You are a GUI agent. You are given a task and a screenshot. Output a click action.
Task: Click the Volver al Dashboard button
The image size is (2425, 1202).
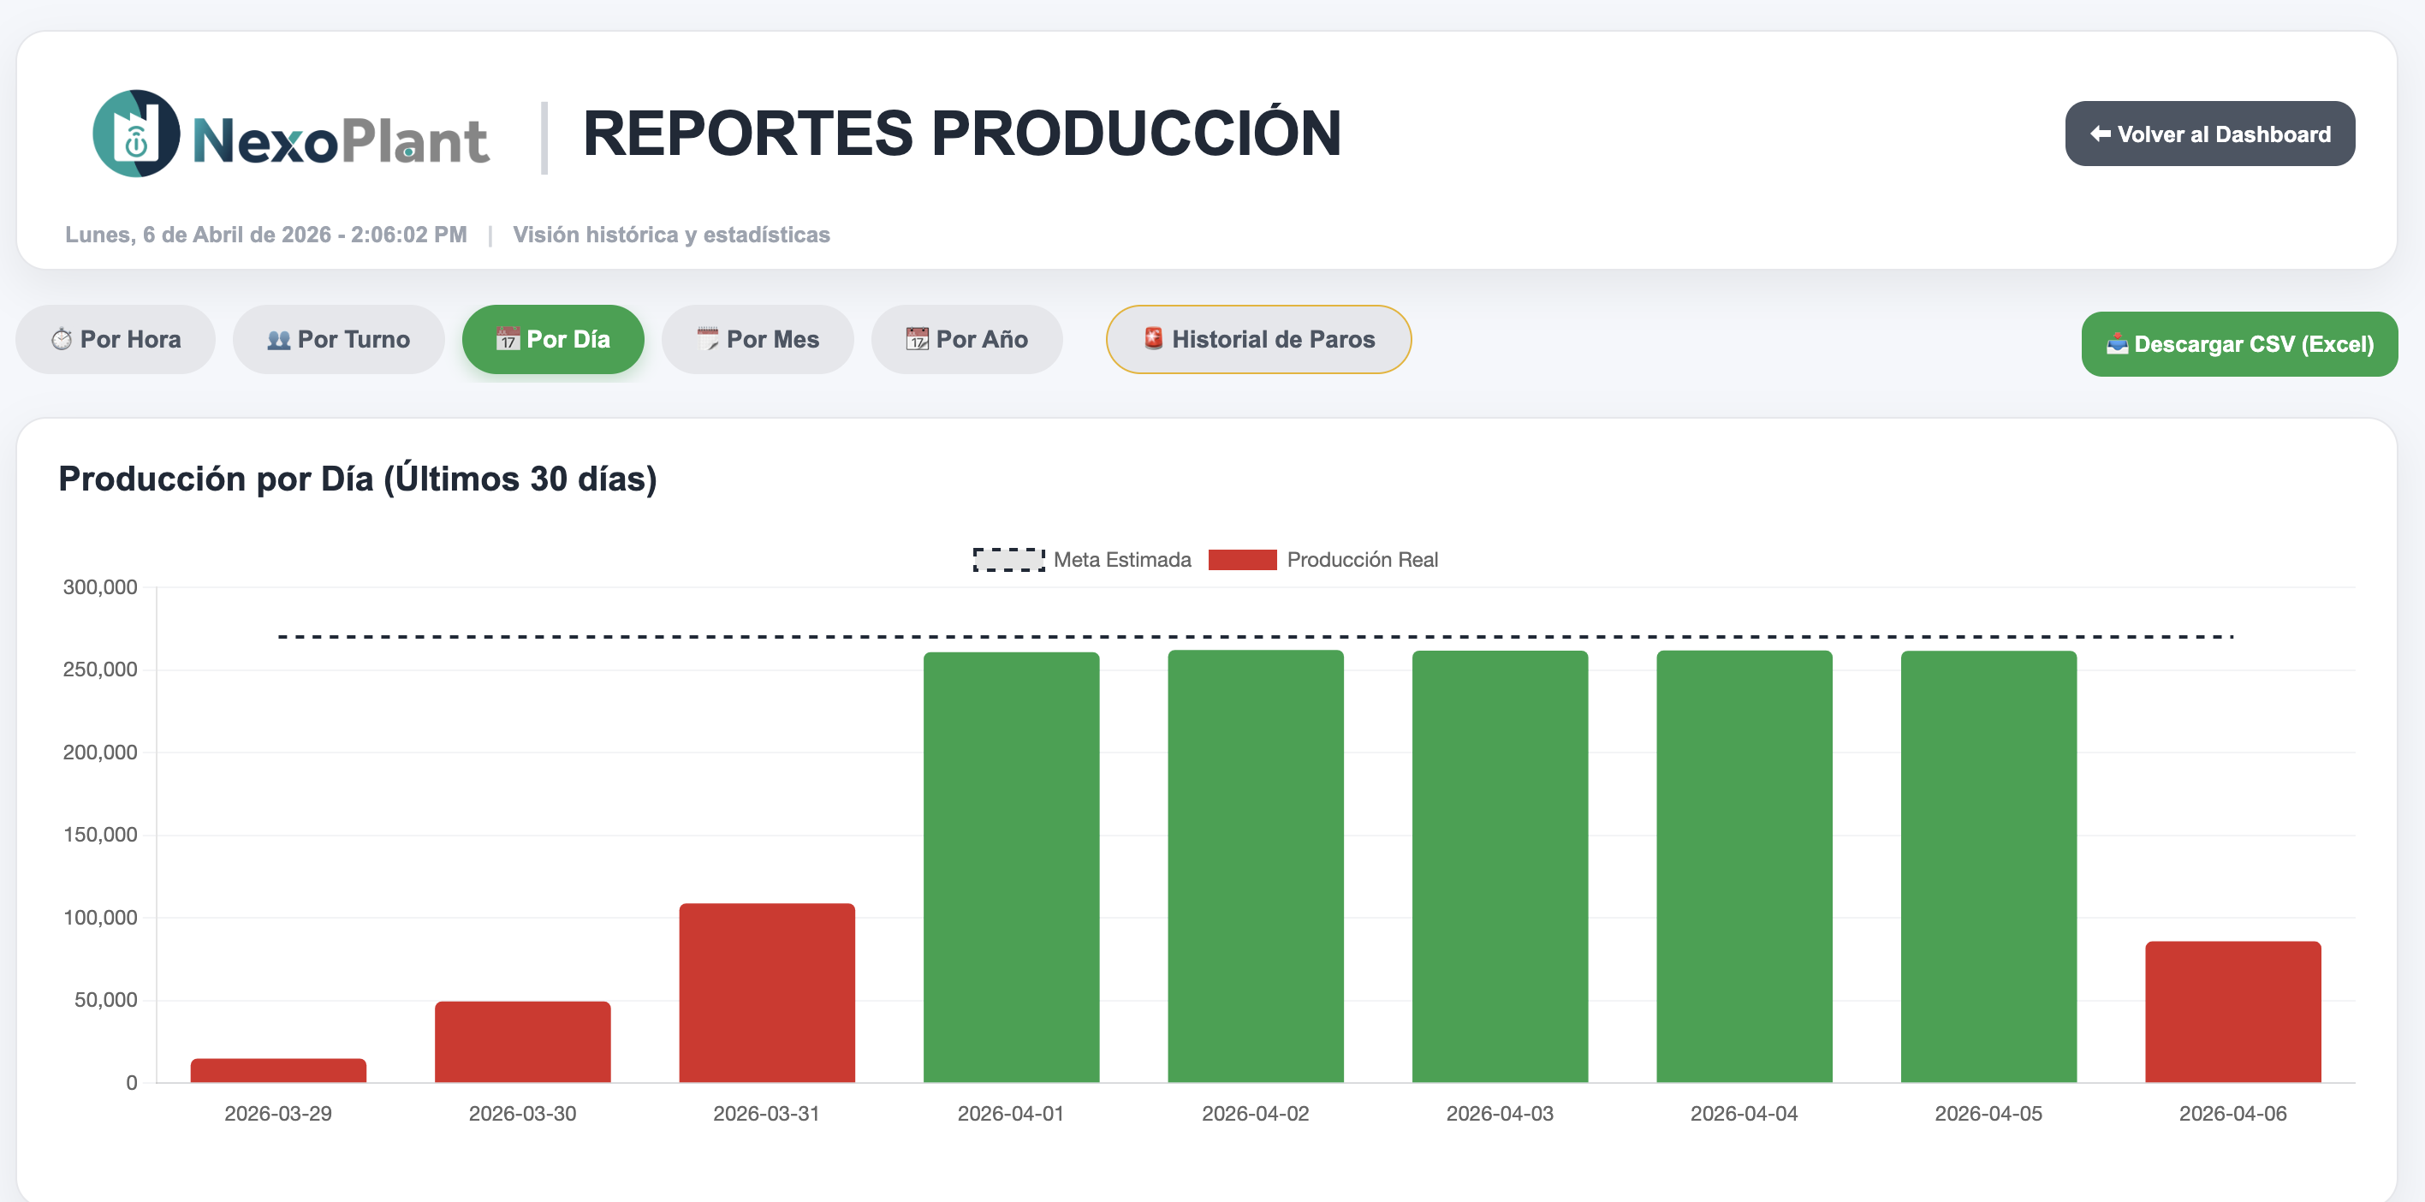[2209, 134]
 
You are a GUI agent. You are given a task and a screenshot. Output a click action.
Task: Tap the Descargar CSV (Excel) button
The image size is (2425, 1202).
[2238, 344]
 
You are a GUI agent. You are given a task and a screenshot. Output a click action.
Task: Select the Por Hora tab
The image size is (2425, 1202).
[116, 340]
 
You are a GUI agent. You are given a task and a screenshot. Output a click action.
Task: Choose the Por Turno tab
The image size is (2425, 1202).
[338, 340]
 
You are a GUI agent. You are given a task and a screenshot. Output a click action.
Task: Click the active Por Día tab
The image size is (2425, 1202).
[553, 340]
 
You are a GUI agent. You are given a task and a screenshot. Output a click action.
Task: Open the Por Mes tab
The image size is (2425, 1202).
[757, 340]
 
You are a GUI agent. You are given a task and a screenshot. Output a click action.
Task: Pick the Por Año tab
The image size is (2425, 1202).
[966, 340]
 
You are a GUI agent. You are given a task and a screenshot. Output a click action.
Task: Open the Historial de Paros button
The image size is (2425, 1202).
[1257, 340]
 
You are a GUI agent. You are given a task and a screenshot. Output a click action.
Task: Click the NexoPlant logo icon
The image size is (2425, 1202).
[136, 134]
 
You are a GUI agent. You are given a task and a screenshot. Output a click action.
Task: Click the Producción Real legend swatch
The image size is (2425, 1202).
[1242, 560]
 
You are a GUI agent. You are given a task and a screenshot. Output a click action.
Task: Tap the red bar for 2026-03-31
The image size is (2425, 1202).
[766, 993]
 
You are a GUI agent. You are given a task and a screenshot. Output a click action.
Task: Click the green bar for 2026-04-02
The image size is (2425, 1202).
[1255, 866]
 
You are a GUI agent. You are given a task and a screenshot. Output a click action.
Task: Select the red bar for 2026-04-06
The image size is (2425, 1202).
[2232, 1012]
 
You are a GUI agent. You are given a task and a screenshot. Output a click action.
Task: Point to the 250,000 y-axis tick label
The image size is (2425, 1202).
[100, 670]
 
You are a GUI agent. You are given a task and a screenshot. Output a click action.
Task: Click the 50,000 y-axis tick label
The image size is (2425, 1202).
[105, 1001]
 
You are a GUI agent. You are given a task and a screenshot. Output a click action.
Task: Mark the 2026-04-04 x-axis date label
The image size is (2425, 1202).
[1744, 1114]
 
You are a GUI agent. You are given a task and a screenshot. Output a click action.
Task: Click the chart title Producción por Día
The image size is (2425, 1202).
[358, 479]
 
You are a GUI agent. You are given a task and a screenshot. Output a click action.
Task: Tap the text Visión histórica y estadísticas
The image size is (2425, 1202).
[671, 235]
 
